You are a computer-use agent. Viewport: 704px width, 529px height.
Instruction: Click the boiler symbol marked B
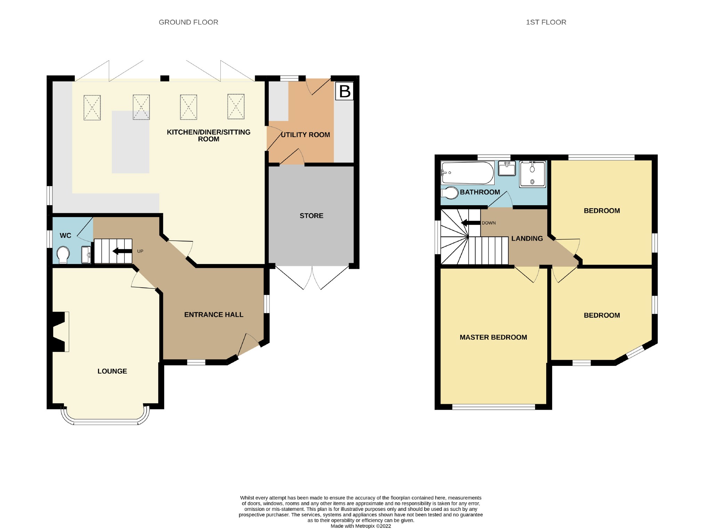pyautogui.click(x=344, y=91)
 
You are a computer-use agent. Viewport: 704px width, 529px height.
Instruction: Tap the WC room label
pyautogui.click(x=65, y=235)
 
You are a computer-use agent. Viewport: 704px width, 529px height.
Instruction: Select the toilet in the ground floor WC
pyautogui.click(x=63, y=255)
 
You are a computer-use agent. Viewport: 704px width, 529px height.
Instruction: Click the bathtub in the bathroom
pyautogui.click(x=467, y=173)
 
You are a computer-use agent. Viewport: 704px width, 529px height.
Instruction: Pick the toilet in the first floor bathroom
pyautogui.click(x=450, y=193)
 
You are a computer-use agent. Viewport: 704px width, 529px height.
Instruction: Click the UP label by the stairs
pyautogui.click(x=140, y=251)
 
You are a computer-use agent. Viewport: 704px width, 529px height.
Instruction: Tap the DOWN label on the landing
pyautogui.click(x=489, y=223)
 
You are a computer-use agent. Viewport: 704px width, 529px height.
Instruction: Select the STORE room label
pyautogui.click(x=311, y=216)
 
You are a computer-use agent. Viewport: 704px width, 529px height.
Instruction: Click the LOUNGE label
pyautogui.click(x=112, y=371)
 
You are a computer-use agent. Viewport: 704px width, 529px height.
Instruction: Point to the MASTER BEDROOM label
pyautogui.click(x=493, y=337)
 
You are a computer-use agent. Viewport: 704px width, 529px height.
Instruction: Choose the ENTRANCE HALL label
pyautogui.click(x=214, y=314)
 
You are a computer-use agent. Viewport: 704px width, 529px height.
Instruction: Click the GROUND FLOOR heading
pyautogui.click(x=188, y=22)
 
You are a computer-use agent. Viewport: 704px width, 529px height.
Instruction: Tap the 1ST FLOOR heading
pyautogui.click(x=546, y=22)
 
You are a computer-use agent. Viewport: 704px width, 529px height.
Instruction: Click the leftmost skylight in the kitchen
pyautogui.click(x=92, y=108)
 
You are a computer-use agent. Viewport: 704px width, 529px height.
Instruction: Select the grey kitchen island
pyautogui.click(x=130, y=142)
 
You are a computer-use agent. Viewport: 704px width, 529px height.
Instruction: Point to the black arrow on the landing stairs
pyautogui.click(x=471, y=223)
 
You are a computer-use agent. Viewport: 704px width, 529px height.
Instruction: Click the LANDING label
pyautogui.click(x=527, y=239)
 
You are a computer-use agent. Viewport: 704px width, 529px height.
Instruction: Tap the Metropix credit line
pyautogui.click(x=361, y=526)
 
